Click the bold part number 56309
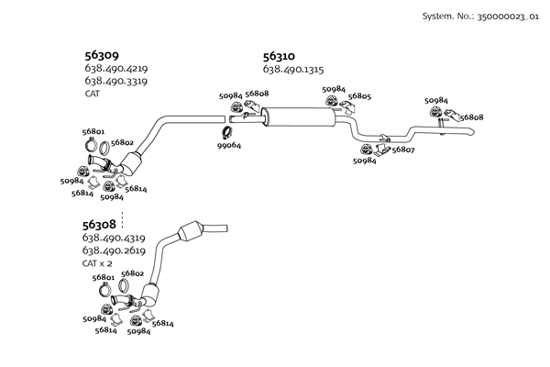(100, 55)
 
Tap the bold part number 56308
(99, 224)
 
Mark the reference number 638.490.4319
(115, 238)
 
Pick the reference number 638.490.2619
(115, 250)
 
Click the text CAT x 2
(97, 263)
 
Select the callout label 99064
(229, 146)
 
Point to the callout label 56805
(359, 96)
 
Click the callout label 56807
(402, 150)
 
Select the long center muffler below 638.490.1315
(298, 117)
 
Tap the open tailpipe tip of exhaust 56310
(471, 133)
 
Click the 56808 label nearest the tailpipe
(471, 117)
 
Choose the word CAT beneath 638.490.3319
(91, 93)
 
